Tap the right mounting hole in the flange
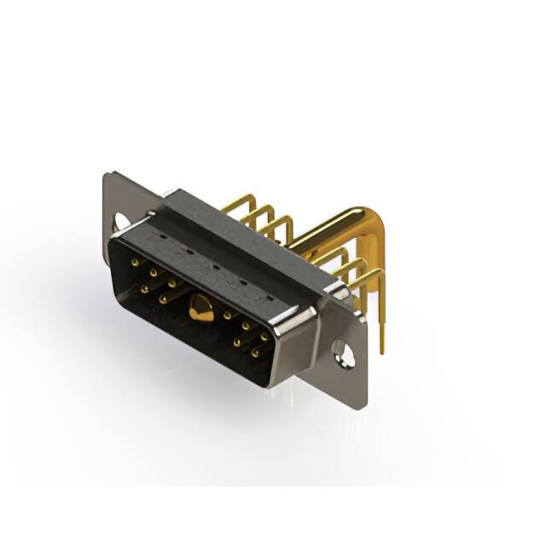pyautogui.click(x=343, y=351)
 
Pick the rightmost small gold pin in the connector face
pyautogui.click(x=264, y=337)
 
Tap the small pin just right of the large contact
pyautogui.click(x=228, y=316)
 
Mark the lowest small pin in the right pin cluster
pyautogui.click(x=254, y=352)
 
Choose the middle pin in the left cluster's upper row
pyautogui.click(x=153, y=273)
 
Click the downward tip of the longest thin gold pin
pyautogui.click(x=381, y=350)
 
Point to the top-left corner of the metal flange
pyautogui.click(x=106, y=176)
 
